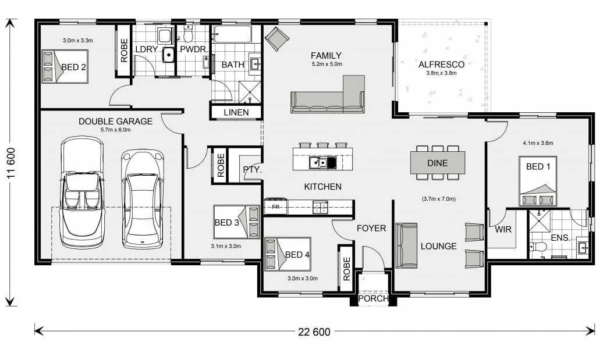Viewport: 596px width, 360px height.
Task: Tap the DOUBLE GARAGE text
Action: [115, 122]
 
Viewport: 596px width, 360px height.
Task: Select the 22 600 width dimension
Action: [314, 332]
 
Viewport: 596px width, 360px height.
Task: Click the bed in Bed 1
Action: [538, 181]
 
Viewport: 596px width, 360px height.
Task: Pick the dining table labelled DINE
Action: [438, 163]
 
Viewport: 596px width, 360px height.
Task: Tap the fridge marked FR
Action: [276, 206]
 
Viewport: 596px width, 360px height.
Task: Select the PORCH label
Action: [372, 299]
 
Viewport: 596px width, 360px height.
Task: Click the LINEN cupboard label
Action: [236, 112]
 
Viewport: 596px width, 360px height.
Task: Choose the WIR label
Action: [503, 230]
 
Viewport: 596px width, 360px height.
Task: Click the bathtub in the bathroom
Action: [232, 35]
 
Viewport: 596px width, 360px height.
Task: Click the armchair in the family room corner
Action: [277, 39]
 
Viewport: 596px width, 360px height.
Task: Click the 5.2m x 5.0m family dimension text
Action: [327, 64]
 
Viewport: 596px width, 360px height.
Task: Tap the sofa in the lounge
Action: [406, 245]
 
